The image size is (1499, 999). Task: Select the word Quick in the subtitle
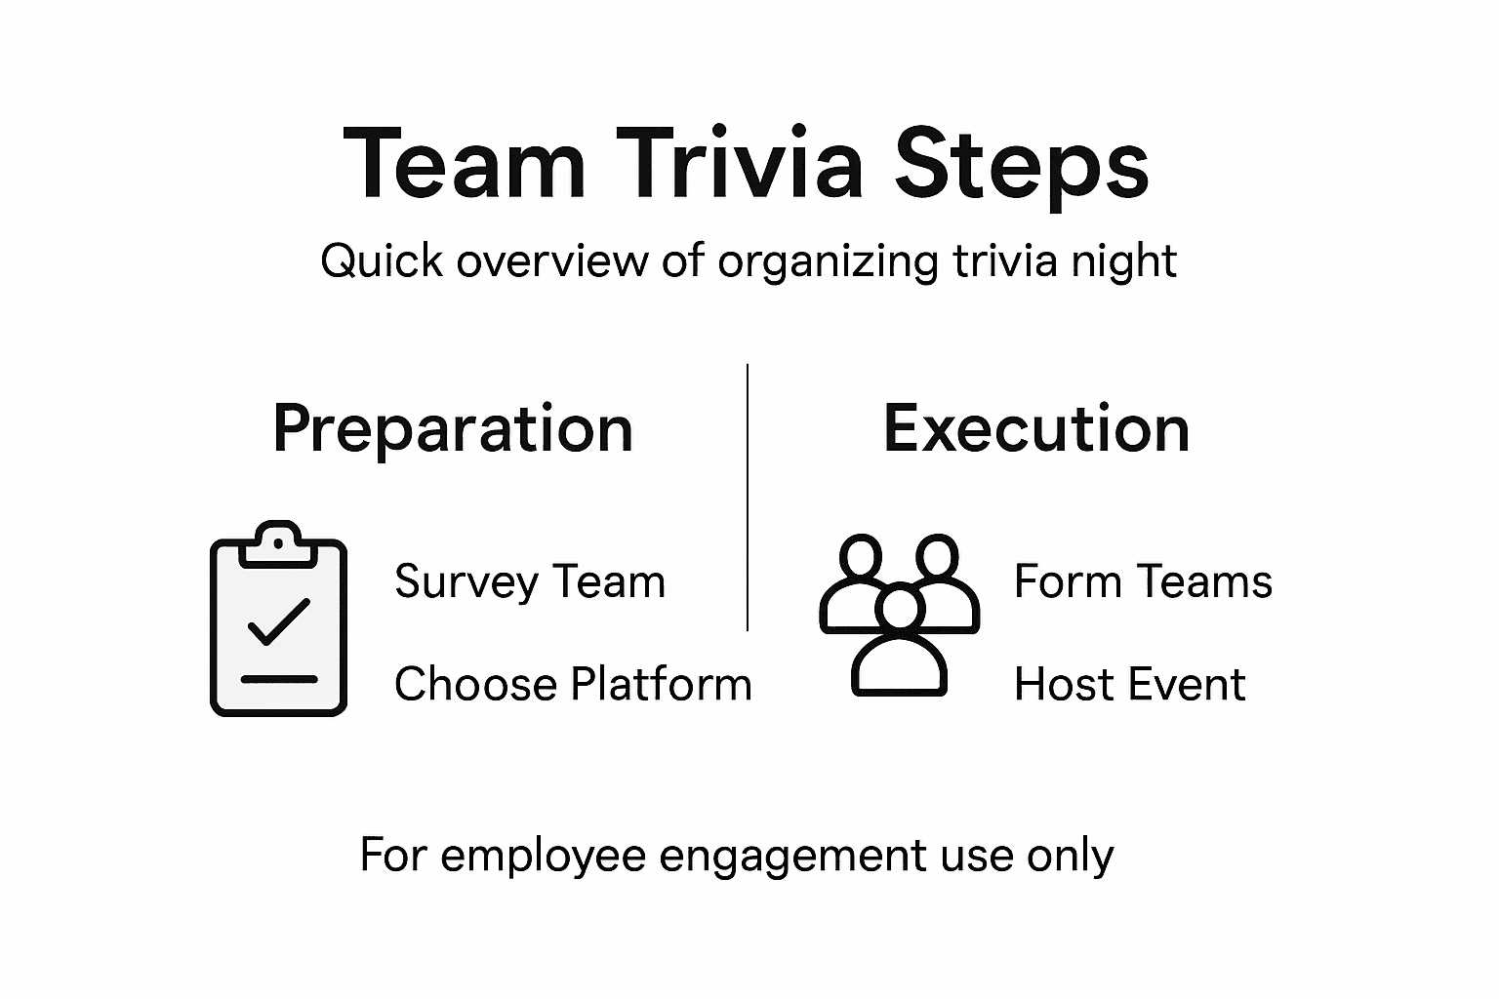[x=381, y=261]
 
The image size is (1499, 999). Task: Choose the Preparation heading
[x=453, y=429]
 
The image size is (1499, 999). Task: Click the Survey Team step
[x=529, y=582]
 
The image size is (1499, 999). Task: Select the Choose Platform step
[x=573, y=684]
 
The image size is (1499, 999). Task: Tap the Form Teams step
[x=1143, y=581]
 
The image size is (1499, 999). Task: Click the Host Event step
[x=1129, y=684]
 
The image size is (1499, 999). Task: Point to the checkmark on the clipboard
[x=279, y=621]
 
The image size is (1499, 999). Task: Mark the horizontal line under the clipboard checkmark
[x=279, y=679]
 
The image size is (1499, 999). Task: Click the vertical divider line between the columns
[x=748, y=498]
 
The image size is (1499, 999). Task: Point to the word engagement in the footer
[x=791, y=856]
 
